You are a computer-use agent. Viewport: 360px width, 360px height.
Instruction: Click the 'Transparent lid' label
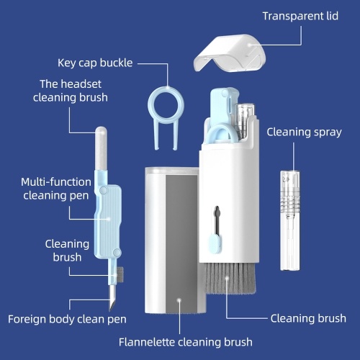(x=300, y=17)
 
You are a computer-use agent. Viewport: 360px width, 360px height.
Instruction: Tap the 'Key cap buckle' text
(x=95, y=63)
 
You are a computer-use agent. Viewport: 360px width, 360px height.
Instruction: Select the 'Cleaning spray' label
(x=304, y=132)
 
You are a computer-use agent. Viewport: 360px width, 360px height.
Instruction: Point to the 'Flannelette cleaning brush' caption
(x=186, y=342)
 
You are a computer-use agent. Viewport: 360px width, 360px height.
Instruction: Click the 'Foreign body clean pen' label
(x=67, y=319)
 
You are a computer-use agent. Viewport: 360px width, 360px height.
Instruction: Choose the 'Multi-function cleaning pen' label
(x=56, y=189)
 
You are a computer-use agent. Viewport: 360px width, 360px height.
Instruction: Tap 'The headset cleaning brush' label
(x=71, y=91)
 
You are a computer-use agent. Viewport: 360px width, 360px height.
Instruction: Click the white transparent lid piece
(x=230, y=53)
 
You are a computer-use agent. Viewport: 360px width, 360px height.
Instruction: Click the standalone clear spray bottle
(x=290, y=220)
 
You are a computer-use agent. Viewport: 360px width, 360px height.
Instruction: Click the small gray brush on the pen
(x=120, y=274)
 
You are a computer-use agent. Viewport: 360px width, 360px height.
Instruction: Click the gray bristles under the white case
(x=230, y=279)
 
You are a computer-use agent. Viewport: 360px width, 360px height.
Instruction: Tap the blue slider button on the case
(x=215, y=243)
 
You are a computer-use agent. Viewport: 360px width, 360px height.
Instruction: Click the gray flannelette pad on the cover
(x=181, y=243)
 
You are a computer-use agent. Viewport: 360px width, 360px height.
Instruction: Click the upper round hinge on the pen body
(x=103, y=190)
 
